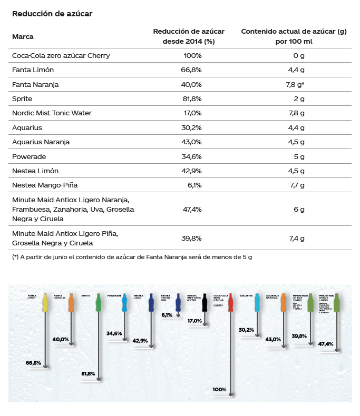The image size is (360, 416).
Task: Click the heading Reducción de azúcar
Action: [x=52, y=13]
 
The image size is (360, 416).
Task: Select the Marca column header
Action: [x=23, y=37]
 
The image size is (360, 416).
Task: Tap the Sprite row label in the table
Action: [x=22, y=98]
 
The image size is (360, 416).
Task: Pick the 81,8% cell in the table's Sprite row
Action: [x=192, y=98]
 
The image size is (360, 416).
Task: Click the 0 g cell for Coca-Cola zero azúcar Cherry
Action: [x=299, y=55]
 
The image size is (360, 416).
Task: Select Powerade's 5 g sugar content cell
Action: [x=299, y=156]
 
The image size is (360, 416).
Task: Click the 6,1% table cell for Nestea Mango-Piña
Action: [x=194, y=185]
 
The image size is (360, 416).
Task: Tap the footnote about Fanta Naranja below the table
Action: [x=132, y=257]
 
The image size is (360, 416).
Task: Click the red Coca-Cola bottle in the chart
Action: [x=230, y=302]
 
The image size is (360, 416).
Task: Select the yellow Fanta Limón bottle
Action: [x=45, y=302]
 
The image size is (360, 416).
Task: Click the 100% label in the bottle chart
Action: [x=219, y=390]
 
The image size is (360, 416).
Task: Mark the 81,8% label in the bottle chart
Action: [x=88, y=374]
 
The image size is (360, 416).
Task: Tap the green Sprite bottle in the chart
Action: [x=98, y=302]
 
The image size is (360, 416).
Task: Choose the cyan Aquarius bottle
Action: [x=257, y=302]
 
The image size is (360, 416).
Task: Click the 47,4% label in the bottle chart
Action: [x=326, y=344]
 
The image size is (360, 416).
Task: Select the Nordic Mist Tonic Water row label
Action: [x=52, y=113]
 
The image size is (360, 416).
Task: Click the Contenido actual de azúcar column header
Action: [x=294, y=36]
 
